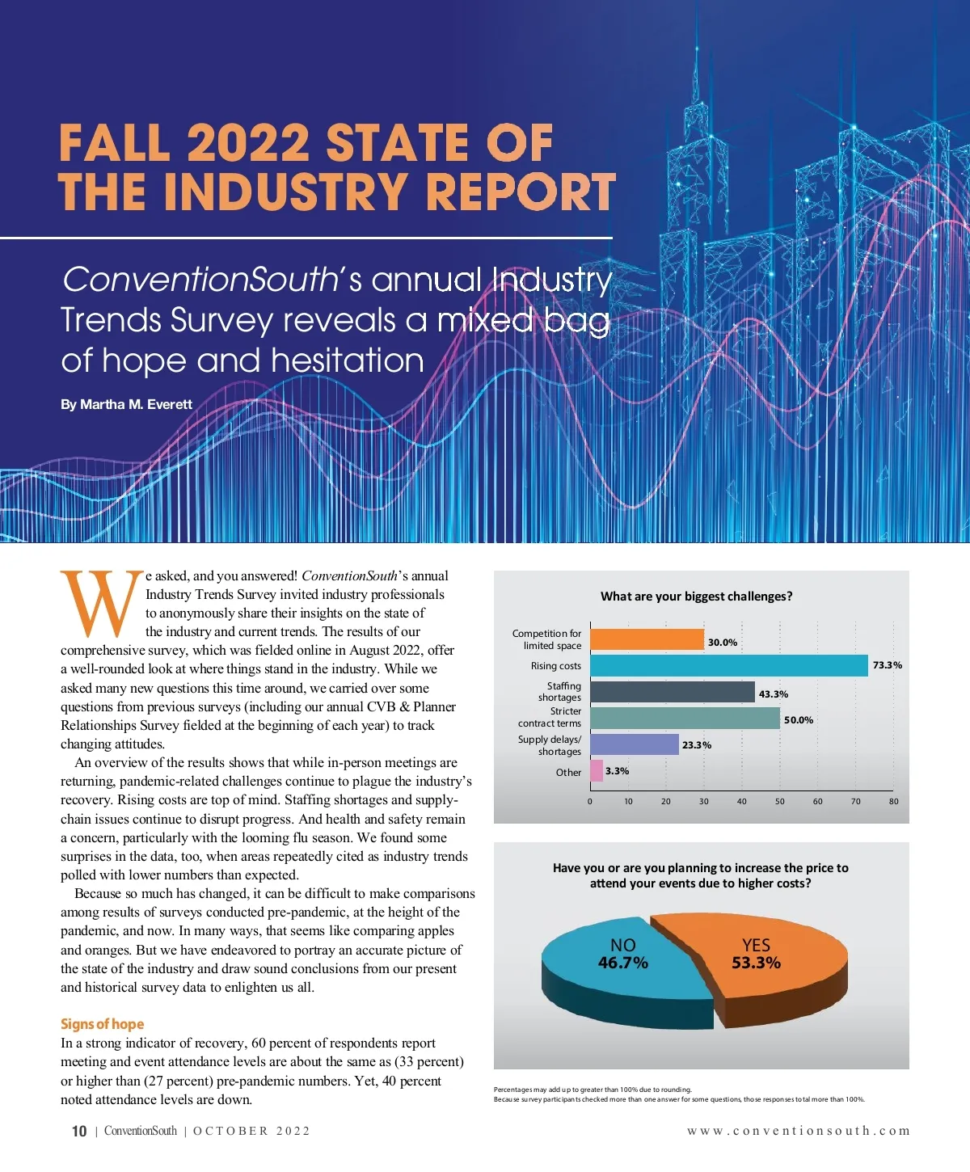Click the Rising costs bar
728,665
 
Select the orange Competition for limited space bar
647,640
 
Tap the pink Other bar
597,771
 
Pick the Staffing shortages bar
672,693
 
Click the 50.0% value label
799,720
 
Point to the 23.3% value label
696,745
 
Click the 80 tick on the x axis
893,802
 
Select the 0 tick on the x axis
590,802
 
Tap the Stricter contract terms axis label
550,718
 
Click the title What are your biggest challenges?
696,597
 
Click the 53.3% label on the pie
756,963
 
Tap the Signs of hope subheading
102,1024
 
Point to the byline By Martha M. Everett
126,404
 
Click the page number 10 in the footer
79,1132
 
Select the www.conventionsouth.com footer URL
798,1131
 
